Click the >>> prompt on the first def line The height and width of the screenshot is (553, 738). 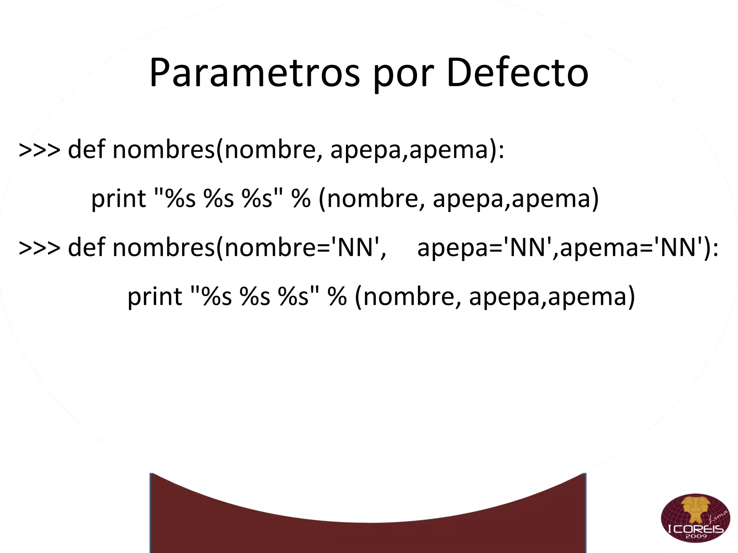point(40,150)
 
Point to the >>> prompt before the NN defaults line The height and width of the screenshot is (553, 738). point(40,248)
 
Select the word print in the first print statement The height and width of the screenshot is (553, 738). point(118,199)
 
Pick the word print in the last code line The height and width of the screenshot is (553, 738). point(155,297)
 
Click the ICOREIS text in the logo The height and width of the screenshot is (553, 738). point(695,529)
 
